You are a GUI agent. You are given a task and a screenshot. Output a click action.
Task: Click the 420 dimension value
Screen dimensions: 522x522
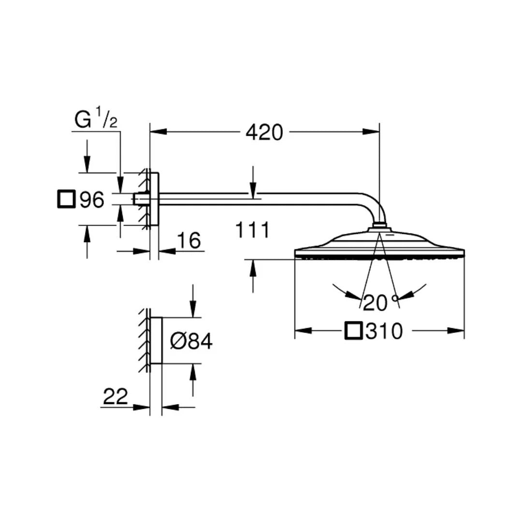click(x=264, y=132)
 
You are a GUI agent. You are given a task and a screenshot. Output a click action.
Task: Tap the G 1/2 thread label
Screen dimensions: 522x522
click(x=96, y=120)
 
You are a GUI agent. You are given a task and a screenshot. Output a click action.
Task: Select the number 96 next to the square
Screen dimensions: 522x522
click(x=92, y=199)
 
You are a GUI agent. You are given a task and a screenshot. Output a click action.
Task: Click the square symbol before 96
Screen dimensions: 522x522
click(x=67, y=199)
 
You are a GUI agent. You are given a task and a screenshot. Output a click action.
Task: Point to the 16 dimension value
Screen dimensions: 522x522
click(x=188, y=241)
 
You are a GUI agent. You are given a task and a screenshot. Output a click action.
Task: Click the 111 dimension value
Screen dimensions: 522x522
click(x=252, y=231)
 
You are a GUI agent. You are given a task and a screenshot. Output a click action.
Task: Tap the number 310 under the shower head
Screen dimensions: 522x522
click(x=384, y=332)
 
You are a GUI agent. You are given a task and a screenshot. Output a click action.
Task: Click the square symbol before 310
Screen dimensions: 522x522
click(x=353, y=332)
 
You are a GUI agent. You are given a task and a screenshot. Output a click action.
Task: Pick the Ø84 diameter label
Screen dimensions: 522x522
click(x=191, y=342)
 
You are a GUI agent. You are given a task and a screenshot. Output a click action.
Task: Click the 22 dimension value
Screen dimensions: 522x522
click(x=116, y=397)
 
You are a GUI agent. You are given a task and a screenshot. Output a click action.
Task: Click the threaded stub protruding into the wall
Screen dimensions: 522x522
click(x=140, y=199)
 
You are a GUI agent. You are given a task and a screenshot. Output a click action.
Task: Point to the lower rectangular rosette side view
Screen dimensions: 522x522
click(x=156, y=341)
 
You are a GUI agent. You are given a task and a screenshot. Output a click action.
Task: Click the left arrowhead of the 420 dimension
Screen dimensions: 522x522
click(x=158, y=131)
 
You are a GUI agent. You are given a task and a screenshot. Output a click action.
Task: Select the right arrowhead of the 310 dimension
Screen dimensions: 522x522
click(x=456, y=331)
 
